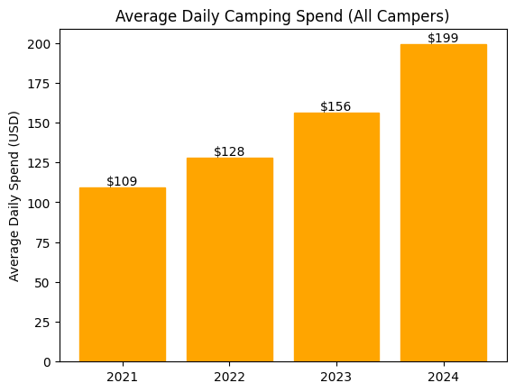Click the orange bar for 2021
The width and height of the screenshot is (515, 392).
(122, 275)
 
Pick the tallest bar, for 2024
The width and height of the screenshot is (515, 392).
(443, 203)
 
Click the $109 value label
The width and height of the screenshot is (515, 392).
(122, 181)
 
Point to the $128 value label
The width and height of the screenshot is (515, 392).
(229, 151)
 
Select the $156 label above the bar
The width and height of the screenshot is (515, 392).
(336, 106)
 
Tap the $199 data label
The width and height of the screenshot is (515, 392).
(443, 38)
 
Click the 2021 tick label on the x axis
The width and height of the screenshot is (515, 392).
(122, 376)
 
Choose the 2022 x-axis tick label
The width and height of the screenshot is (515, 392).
(229, 376)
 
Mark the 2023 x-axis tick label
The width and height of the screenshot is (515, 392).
(336, 376)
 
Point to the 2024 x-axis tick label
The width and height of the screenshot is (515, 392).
(443, 376)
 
